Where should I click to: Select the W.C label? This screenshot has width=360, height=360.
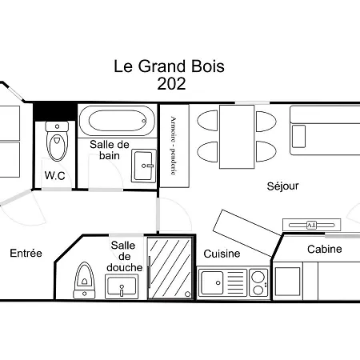54,175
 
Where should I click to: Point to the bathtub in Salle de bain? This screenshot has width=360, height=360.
118,122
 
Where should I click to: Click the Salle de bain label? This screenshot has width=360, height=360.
110,150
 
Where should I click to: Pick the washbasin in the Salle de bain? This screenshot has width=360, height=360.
144,166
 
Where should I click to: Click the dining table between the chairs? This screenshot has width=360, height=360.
237,137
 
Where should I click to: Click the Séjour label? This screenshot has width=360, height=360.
282,186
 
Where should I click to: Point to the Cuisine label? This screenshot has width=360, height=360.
222,254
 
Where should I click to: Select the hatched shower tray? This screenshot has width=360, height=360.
170,266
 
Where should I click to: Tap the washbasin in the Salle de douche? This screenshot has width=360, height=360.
122,286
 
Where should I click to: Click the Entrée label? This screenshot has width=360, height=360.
26,254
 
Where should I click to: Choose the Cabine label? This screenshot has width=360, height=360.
324,249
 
